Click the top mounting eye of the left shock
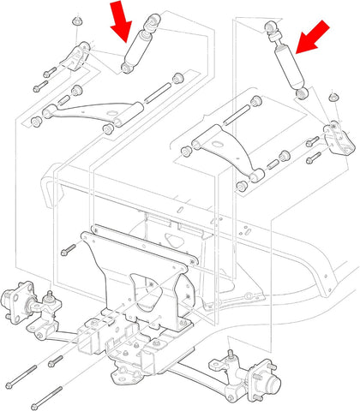point(153,20)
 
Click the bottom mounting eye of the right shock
point(302,91)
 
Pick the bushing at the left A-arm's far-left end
point(36,121)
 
